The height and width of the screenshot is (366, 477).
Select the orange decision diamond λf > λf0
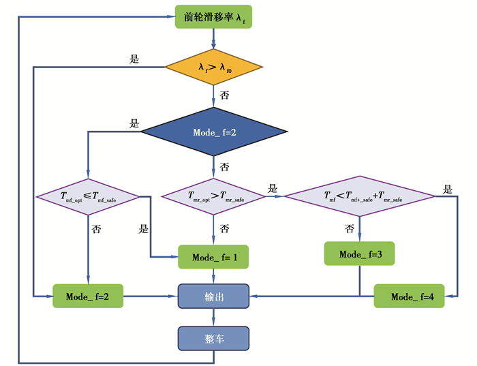pos(214,67)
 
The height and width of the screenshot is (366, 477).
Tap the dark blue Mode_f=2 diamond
pos(214,132)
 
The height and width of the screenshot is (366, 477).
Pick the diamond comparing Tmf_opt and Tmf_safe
pos(88,197)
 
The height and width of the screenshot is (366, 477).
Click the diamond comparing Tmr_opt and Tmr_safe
pos(214,197)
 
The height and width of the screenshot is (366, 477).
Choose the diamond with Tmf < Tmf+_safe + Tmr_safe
pos(359,197)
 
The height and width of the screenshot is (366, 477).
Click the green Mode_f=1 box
pos(213,257)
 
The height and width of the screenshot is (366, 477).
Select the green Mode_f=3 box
pos(359,254)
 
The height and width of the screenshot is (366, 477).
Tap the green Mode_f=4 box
pos(409,296)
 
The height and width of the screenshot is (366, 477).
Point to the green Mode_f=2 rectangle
pos(88,296)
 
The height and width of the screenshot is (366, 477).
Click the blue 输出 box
pos(214,296)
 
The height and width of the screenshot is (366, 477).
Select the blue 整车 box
pos(214,338)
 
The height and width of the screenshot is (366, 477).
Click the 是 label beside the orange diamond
pos(134,59)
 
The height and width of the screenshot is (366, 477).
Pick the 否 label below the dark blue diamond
pos(224,166)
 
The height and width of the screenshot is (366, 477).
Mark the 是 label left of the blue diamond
pos(134,124)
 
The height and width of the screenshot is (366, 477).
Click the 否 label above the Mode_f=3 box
pos(350,228)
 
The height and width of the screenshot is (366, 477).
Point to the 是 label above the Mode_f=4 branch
pos(447,189)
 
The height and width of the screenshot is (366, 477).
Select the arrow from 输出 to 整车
pos(214,317)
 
